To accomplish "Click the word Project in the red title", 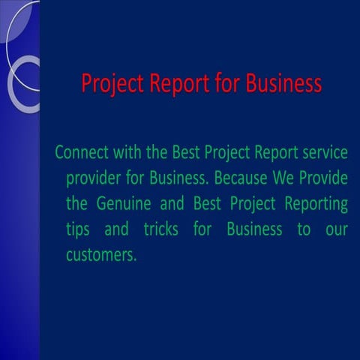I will coord(109,82).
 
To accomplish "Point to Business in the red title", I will coord(283,82).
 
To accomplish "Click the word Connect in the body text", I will coord(81,153).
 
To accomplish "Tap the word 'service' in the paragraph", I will coord(323,153).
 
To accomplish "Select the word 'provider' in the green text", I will coord(94,179).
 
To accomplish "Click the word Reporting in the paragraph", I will coord(319,204).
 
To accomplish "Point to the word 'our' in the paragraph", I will coord(337,229).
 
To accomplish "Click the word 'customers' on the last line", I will coord(100,254).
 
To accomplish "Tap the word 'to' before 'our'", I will coord(302,229).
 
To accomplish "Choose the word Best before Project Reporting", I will coord(209,204).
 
